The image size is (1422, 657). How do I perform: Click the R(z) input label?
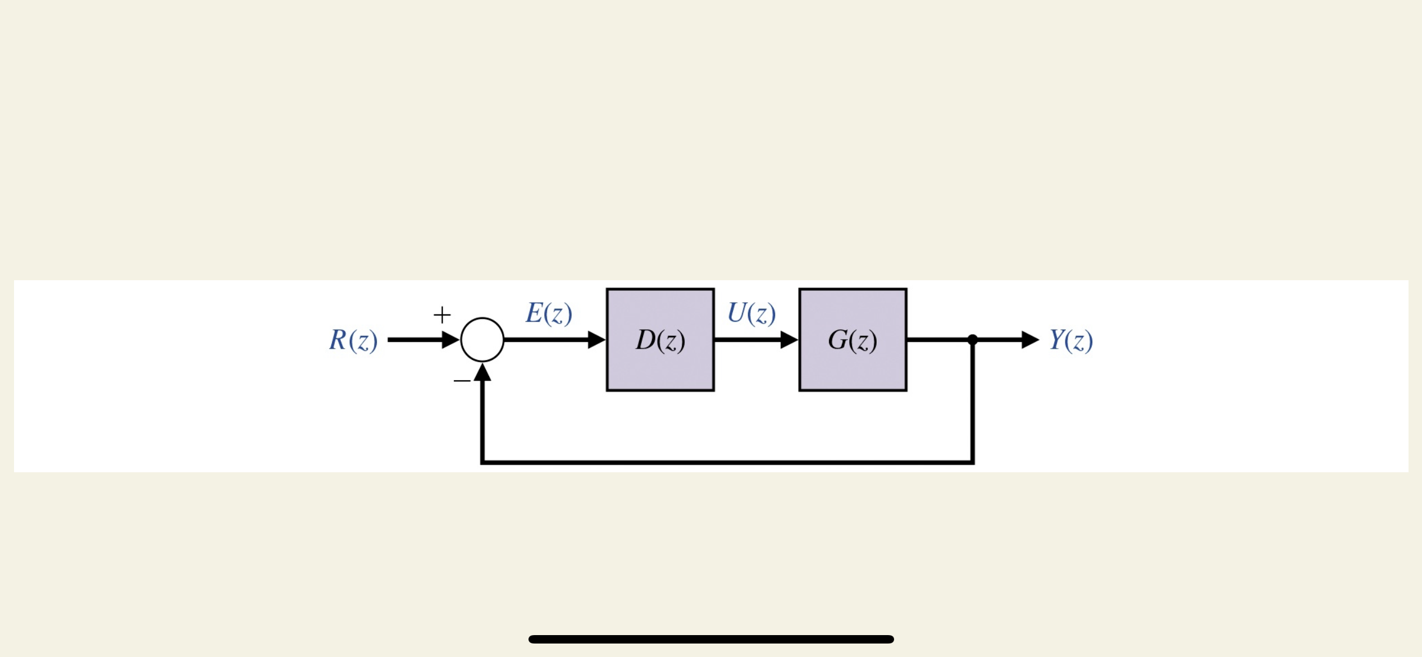click(353, 340)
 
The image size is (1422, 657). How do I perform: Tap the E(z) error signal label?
click(549, 313)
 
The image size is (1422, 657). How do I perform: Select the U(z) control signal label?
click(751, 313)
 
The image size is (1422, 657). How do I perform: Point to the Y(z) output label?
click(1071, 340)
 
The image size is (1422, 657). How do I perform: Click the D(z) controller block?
click(660, 365)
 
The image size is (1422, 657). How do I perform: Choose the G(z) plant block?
click(853, 365)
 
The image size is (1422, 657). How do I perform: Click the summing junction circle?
click(482, 340)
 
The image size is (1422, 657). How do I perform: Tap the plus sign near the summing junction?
click(442, 314)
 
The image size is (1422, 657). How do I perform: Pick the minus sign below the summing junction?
click(462, 381)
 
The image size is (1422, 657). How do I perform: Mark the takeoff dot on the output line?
click(973, 340)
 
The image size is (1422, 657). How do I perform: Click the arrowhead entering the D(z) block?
click(596, 340)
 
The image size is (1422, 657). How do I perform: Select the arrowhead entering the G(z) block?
click(789, 340)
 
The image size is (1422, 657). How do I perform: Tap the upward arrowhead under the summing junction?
click(482, 372)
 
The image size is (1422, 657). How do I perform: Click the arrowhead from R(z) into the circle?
click(450, 340)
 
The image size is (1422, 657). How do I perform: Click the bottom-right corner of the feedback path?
click(972, 462)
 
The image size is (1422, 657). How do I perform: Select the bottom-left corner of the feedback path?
click(482, 462)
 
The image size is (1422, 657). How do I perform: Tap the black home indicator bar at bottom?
click(711, 639)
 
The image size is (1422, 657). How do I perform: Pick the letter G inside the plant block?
click(838, 340)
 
